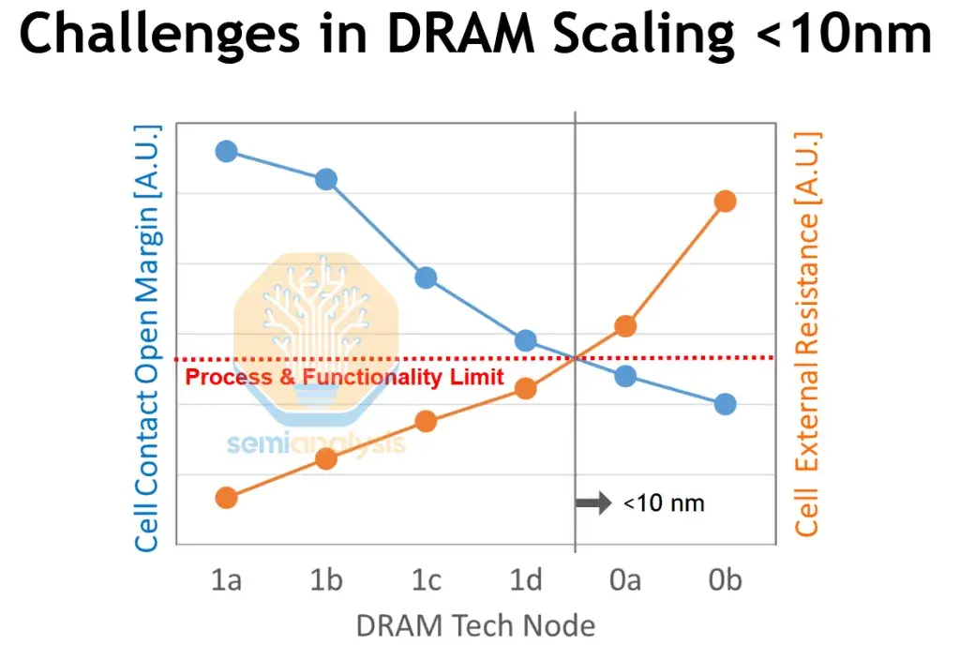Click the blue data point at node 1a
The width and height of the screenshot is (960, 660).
point(226,151)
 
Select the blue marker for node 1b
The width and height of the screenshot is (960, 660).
point(326,179)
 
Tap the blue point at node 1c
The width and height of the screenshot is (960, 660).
point(426,277)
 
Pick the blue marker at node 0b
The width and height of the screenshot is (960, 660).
point(725,404)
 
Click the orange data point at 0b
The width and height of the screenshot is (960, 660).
point(725,202)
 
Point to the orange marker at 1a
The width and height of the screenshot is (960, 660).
point(226,498)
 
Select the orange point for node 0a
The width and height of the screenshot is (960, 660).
point(625,326)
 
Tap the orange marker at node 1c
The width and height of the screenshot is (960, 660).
point(426,421)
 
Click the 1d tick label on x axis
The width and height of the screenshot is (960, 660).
point(525,581)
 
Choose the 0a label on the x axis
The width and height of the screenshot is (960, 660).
point(625,581)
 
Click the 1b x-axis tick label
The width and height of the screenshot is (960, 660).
point(326,581)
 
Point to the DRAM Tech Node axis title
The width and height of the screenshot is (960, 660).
point(475,625)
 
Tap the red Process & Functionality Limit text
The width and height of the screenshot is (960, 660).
point(344,378)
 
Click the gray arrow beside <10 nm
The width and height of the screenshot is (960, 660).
point(592,503)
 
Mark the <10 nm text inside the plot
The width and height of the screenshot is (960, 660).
point(664,503)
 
